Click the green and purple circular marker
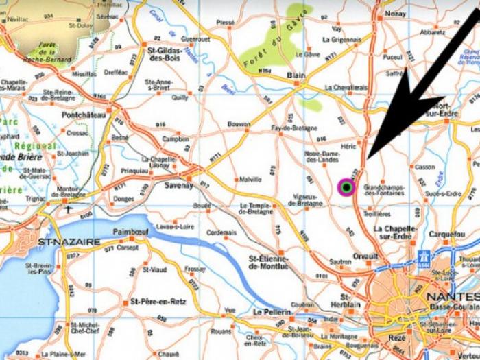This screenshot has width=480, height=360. click(x=347, y=187)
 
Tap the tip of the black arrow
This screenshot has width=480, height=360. click(x=368, y=159)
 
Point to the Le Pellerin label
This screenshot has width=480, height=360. click(x=273, y=311)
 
